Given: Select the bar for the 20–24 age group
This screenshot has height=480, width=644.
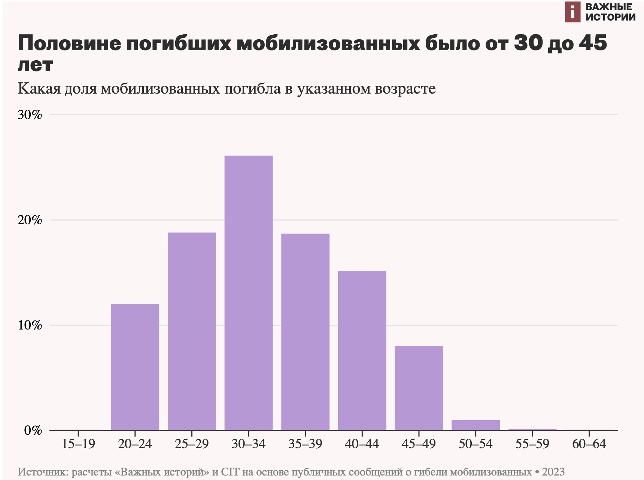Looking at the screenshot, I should [135, 367].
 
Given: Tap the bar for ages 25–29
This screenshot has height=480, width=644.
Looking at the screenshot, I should [192, 331].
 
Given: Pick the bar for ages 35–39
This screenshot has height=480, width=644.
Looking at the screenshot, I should [305, 332].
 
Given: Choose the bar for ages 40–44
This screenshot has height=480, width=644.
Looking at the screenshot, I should [362, 350].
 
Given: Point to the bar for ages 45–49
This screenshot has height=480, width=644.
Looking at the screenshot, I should [419, 388].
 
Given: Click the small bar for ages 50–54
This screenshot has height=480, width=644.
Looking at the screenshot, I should [476, 425].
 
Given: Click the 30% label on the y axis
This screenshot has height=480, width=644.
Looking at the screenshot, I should [30, 115].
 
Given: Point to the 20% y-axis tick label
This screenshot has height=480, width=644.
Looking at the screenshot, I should [30, 220].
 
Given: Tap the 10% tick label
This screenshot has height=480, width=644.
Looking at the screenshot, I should [30, 325].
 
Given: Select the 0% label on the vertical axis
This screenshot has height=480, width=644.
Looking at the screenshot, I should [33, 431].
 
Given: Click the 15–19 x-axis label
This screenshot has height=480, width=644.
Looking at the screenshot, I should [78, 444].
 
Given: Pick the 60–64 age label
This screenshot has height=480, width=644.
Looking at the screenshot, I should [589, 444].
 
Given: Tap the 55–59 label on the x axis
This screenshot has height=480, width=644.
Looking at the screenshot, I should [532, 444].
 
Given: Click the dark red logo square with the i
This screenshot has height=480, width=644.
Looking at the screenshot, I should [572, 12].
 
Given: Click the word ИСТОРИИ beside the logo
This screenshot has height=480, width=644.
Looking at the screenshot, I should [611, 17].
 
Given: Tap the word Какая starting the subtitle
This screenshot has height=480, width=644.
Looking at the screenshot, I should [39, 89].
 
